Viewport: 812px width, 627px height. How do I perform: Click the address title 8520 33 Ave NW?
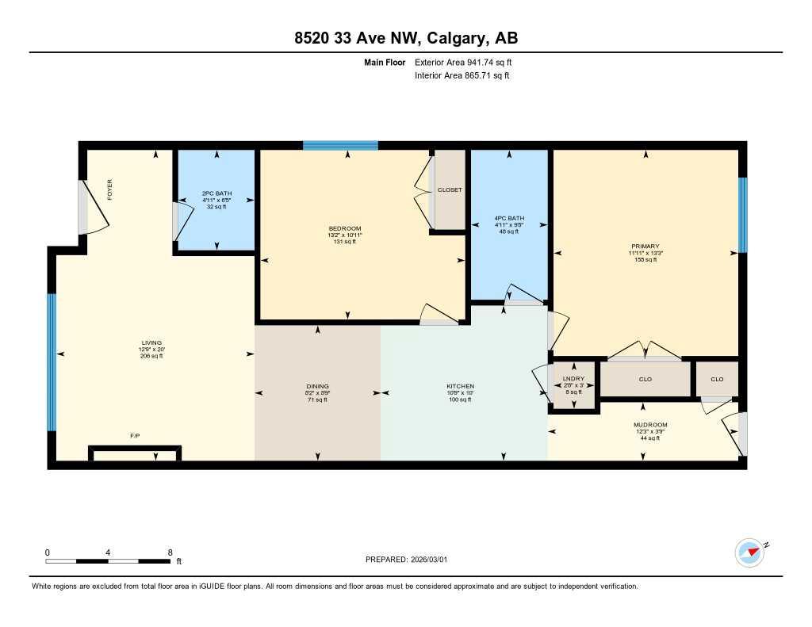click(x=405, y=37)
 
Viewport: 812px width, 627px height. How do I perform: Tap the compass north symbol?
click(x=749, y=552)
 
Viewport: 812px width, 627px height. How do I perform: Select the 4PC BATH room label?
click(x=509, y=218)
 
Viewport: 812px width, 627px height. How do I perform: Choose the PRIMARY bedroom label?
click(x=645, y=247)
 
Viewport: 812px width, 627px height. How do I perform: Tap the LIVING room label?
click(x=151, y=343)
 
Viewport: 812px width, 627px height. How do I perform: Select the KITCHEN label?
click(x=460, y=387)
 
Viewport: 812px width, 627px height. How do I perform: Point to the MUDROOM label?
click(x=650, y=425)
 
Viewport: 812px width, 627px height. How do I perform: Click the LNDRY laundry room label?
click(x=573, y=379)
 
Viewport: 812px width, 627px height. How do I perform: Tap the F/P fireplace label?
click(x=136, y=436)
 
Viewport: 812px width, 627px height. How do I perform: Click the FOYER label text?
click(x=110, y=189)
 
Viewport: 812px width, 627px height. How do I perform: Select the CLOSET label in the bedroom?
click(x=450, y=190)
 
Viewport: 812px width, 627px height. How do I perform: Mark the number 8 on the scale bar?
click(x=170, y=552)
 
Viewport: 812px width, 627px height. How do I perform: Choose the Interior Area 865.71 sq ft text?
click(x=462, y=76)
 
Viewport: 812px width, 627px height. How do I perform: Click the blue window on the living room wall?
click(x=52, y=361)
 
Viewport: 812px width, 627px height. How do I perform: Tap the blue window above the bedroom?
click(x=340, y=145)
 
